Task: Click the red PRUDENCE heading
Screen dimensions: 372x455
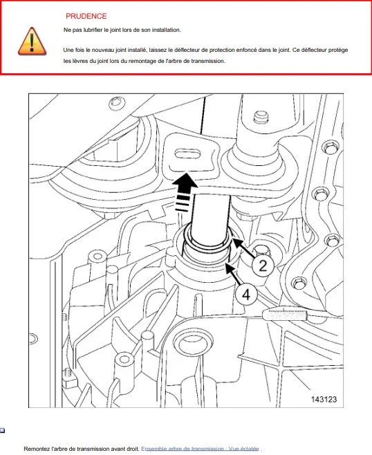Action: tap(86, 16)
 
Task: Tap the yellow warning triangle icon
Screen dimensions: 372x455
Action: tap(32, 41)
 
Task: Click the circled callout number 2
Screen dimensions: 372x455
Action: tap(263, 266)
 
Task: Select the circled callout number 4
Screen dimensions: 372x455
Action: tap(246, 295)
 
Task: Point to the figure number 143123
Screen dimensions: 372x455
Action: tap(324, 399)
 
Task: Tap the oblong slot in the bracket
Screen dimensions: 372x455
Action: tap(187, 154)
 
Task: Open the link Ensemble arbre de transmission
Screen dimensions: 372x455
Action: tap(201, 449)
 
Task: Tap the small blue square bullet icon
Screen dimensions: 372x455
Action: tap(2, 430)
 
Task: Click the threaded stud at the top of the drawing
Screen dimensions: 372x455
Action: tap(261, 117)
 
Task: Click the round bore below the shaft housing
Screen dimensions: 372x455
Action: tap(192, 343)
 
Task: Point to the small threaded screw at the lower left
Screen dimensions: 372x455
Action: tap(67, 373)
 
